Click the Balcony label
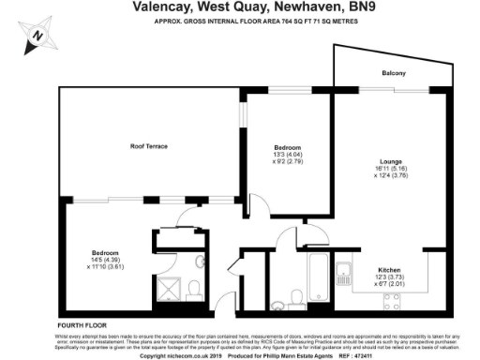(x=393, y=73)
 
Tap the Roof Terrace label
(x=148, y=146)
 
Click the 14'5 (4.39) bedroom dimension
(x=105, y=260)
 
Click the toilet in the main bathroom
(x=296, y=296)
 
